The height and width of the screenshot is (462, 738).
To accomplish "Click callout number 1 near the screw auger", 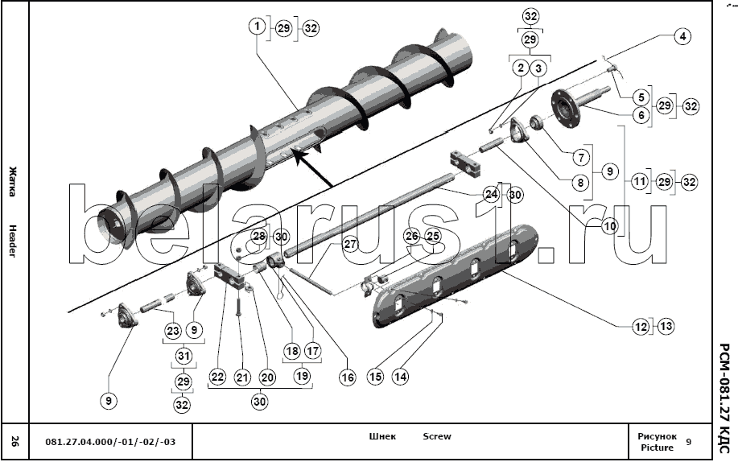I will click(x=257, y=27).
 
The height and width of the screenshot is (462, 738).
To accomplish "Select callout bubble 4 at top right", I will click(x=682, y=36).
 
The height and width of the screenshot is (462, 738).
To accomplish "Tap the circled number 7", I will click(x=578, y=155).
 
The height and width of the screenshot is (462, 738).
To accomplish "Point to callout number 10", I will click(x=609, y=226).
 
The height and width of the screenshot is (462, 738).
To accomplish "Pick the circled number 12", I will click(x=640, y=327).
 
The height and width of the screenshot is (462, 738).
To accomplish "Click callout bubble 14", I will click(x=400, y=375).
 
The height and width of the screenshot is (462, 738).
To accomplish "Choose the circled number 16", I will click(x=347, y=376).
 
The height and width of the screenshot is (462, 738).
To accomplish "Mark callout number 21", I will click(x=242, y=376).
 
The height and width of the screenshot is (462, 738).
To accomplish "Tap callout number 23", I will click(x=172, y=330).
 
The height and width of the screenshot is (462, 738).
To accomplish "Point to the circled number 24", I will click(x=491, y=194).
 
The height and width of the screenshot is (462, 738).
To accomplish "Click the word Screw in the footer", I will click(x=437, y=436).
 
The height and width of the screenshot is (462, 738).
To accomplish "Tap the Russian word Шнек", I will click(x=382, y=436).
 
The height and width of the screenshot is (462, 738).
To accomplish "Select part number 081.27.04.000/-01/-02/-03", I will click(x=109, y=442).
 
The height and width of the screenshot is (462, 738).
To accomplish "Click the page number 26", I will click(x=14, y=441).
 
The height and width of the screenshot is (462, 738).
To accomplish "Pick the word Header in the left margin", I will click(x=13, y=240).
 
